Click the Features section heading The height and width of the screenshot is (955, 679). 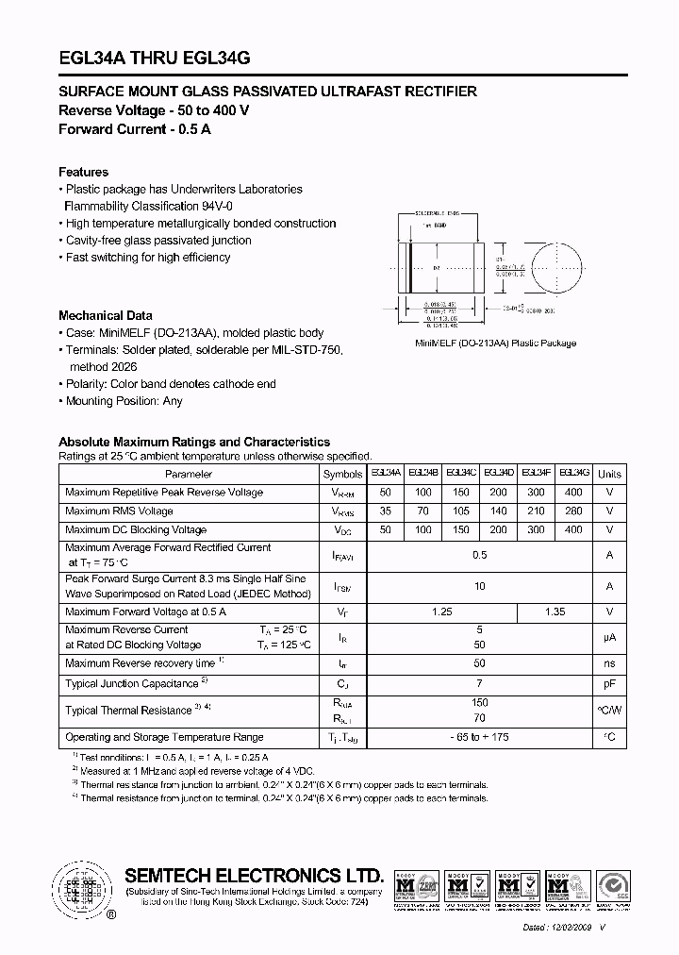(83, 173)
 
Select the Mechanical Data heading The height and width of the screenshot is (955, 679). (106, 316)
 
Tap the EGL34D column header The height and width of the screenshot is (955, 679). (499, 474)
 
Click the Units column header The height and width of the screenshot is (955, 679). (610, 475)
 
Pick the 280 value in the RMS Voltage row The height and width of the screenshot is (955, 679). (573, 511)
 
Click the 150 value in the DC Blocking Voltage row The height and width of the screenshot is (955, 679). (461, 530)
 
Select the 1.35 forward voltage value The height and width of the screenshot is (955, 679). (555, 612)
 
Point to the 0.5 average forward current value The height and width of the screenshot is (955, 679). (480, 556)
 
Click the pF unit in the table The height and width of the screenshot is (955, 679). (610, 682)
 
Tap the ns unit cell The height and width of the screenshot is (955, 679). (610, 664)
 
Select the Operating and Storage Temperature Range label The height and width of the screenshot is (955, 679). (164, 737)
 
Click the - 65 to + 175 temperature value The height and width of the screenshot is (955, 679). (480, 737)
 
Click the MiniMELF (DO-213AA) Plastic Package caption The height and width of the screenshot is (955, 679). (495, 343)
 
